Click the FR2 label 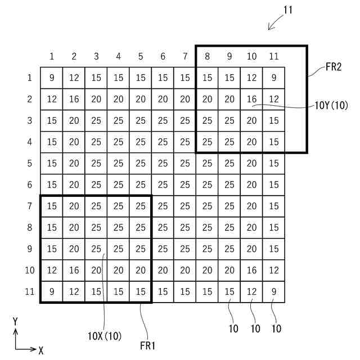point(335,68)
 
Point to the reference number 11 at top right point(288,10)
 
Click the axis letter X point(41,350)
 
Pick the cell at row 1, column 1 point(52,78)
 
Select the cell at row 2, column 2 point(74,99)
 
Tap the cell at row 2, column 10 point(251,99)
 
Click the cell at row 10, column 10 point(251,270)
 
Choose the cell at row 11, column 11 point(274,291)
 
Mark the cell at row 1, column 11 point(274,78)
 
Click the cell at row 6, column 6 point(163,184)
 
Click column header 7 point(184,56)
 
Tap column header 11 point(274,56)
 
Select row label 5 point(29,163)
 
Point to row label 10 point(29,270)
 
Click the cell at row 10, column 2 point(74,270)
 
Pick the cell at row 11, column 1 point(52,291)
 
